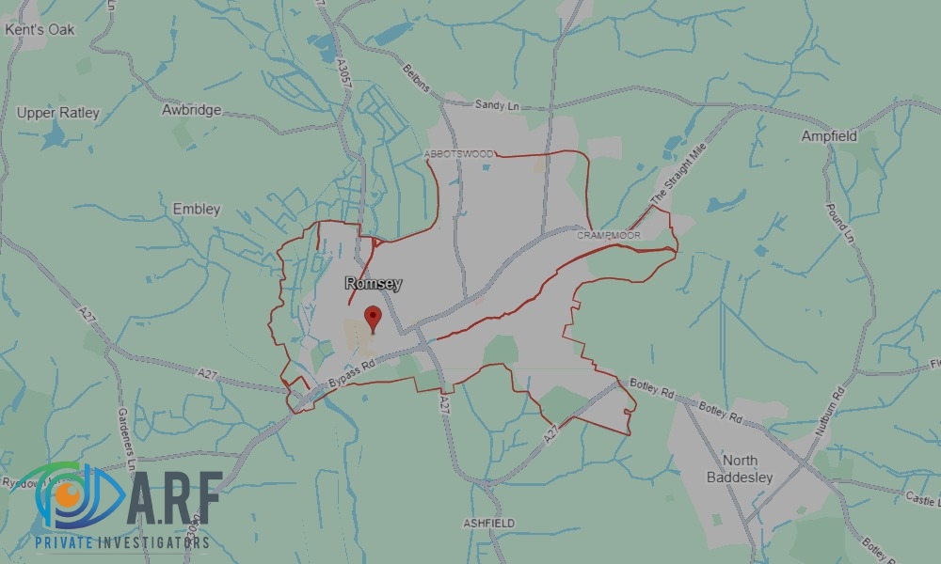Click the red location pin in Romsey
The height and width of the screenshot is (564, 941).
click(x=373, y=318)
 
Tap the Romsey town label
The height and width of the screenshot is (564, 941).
click(x=373, y=283)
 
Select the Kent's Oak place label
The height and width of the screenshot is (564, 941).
click(x=40, y=29)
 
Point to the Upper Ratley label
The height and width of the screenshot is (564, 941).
click(x=57, y=113)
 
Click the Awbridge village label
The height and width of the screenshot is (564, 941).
click(x=191, y=110)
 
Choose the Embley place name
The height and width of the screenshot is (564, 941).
click(x=197, y=209)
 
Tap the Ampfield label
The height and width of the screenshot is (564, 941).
click(x=829, y=136)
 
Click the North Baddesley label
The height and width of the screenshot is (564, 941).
click(x=740, y=468)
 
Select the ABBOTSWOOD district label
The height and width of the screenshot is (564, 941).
click(x=458, y=153)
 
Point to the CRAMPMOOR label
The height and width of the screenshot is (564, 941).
click(x=608, y=235)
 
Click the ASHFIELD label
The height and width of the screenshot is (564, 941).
click(x=488, y=523)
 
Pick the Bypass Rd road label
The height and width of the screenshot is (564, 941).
click(x=353, y=374)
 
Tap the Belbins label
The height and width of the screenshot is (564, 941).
click(x=416, y=77)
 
